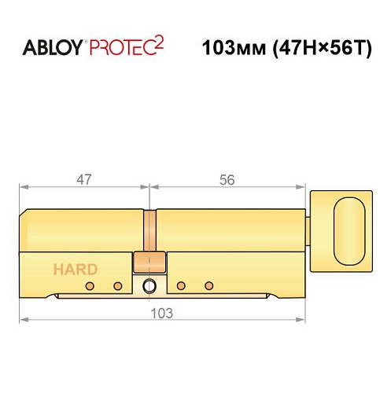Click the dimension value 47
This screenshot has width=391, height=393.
coord(84,179)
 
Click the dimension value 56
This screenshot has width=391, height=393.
coord(227,179)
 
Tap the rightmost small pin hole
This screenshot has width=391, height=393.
coord(208,285)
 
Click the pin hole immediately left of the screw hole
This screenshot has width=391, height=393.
coord(118,285)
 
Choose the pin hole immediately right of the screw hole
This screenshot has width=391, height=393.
coord(181,285)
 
